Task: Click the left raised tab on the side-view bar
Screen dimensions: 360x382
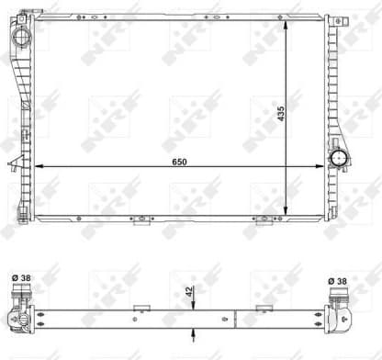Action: point(140,308)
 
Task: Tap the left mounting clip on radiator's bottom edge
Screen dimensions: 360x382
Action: point(141,220)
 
